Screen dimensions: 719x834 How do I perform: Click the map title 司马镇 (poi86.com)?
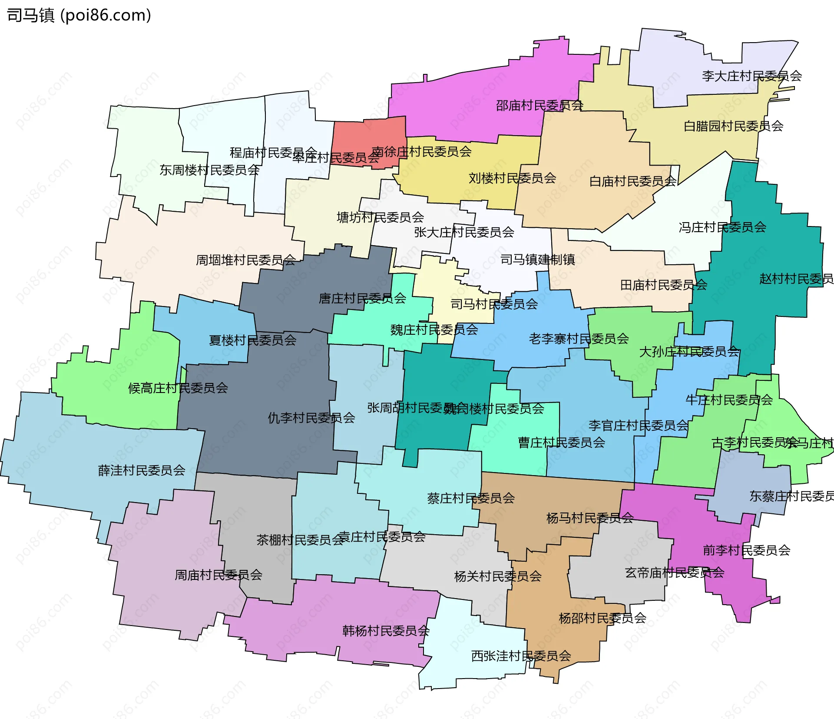tap(79, 16)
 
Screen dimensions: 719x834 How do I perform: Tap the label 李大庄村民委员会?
tap(751, 76)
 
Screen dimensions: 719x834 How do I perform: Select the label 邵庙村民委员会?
tap(539, 105)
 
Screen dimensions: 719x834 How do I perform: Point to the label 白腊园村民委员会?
tap(733, 126)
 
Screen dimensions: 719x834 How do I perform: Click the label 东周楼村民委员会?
tap(209, 170)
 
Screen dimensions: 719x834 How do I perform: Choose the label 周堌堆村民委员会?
tap(245, 260)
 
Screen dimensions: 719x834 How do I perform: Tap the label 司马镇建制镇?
tap(537, 260)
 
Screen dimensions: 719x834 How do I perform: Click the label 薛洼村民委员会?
tap(142, 470)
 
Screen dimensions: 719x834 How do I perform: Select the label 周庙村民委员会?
tap(218, 575)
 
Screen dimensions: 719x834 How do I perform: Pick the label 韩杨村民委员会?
tap(386, 631)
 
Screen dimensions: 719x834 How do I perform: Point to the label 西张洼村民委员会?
tap(521, 656)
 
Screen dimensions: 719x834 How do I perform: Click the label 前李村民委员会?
tap(746, 550)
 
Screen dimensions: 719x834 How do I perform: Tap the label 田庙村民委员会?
tap(663, 285)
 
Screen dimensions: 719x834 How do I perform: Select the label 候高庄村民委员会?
tap(178, 388)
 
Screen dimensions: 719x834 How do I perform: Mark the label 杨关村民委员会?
tap(497, 576)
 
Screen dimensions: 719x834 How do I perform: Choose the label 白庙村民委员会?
tap(632, 181)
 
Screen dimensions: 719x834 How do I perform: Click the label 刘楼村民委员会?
tap(512, 178)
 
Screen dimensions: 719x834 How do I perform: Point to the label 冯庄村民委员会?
tap(722, 227)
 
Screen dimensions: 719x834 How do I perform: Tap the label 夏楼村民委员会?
tap(252, 340)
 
